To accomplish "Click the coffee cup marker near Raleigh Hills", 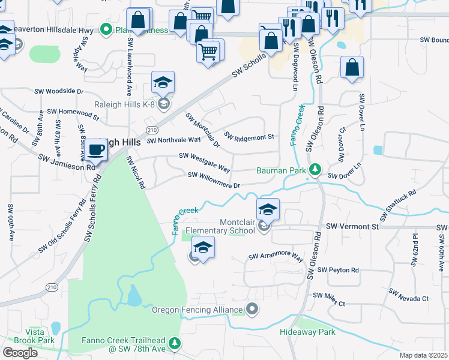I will point(95,150).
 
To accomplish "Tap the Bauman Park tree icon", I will point(313,170).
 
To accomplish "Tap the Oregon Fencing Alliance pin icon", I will point(253,310).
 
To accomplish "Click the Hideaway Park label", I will point(307,332).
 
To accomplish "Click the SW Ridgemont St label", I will point(249,136).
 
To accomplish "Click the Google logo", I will point(20,352).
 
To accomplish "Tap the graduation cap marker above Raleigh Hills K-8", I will point(163,83).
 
